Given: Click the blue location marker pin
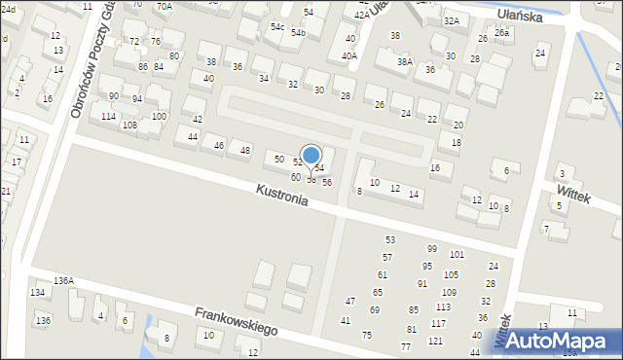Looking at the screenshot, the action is point(311,156).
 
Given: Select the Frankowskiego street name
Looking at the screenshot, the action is point(236,321).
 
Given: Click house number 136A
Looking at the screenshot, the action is point(63,280).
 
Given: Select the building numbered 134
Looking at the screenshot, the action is point(38,292).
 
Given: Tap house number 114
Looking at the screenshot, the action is point(108,117).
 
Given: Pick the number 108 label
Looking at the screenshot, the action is point(128,126).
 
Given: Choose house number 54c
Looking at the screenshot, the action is point(277,26).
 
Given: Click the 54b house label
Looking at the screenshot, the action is point(298,33).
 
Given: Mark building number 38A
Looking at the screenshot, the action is point(404,61).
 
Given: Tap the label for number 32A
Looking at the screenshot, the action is point(451,20).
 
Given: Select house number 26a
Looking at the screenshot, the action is point(501,32).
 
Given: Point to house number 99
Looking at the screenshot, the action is point(431,249).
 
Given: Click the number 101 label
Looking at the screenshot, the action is point(457,254).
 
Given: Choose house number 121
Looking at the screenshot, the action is point(435,341).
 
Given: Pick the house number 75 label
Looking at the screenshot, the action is point(367,335).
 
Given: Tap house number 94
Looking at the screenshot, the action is point(137,99).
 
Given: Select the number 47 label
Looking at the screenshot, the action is point(350,302).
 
